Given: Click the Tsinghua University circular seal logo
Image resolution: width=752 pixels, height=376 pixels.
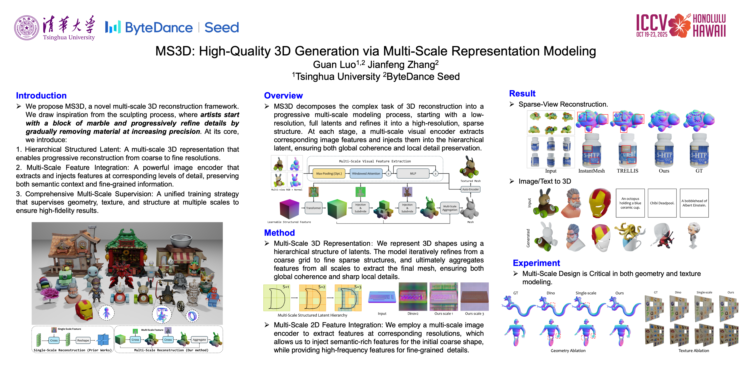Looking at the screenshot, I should point(27,28).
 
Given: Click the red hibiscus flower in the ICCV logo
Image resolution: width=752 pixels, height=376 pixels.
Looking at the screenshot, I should point(679,26).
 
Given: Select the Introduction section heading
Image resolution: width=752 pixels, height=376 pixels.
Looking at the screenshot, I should point(41,96).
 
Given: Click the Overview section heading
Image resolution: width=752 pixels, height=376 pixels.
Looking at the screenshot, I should point(283,96).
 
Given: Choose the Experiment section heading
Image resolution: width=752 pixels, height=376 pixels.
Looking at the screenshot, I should point(536,263).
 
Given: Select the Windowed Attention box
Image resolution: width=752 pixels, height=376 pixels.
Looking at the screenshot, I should point(366,173).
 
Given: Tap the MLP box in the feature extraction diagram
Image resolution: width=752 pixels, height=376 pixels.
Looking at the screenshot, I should point(413,173).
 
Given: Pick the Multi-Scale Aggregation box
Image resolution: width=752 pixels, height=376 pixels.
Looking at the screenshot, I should point(450,208).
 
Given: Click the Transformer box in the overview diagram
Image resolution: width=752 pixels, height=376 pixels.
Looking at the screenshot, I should point(314,208).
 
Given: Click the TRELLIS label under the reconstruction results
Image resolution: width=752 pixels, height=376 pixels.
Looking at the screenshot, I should point(627,171).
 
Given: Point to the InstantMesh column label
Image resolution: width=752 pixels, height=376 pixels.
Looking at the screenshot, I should point(591,171).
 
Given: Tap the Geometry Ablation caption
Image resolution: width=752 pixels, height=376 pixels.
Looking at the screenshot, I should point(568,351).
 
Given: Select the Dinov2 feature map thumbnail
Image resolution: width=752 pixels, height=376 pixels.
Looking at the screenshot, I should point(413,297).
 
